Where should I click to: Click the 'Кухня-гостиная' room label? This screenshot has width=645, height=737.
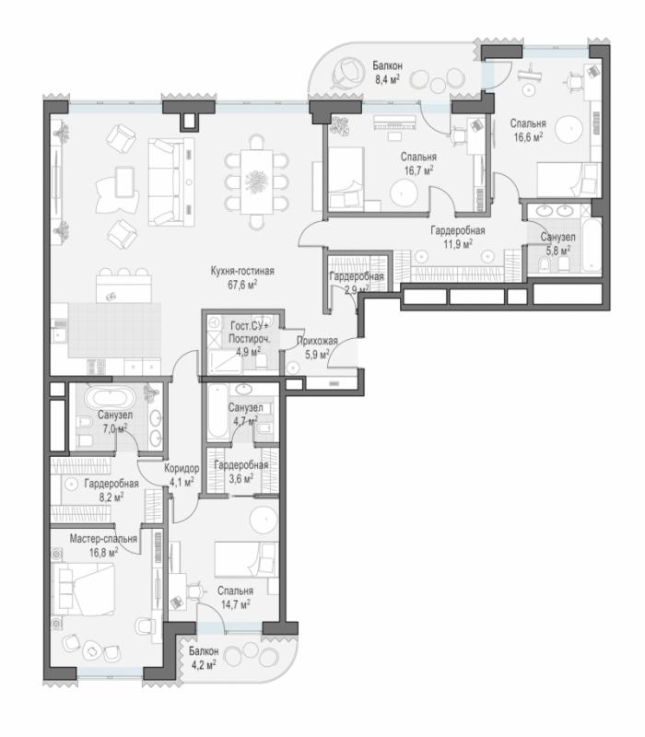242,272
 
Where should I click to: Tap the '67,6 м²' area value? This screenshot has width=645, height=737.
241,285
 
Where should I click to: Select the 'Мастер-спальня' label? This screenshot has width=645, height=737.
103,539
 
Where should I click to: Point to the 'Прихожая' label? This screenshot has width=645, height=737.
317,342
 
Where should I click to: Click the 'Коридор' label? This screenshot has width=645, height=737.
182,469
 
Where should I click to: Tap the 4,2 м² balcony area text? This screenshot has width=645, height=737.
203,664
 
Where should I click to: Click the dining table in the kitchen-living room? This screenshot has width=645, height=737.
257,181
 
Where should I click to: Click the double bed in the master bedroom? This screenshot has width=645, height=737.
84,590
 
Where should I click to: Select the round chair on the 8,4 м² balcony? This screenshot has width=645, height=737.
348,73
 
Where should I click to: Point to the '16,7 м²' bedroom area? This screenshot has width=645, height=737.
418,170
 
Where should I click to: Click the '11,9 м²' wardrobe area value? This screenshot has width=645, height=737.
458,244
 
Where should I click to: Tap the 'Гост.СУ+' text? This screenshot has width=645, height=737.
249,326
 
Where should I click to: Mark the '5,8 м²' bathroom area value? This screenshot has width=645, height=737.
557,249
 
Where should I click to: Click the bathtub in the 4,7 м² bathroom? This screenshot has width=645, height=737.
217,413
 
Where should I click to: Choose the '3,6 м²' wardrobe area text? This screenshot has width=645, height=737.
241,478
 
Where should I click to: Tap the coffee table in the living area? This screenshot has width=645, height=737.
124,181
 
